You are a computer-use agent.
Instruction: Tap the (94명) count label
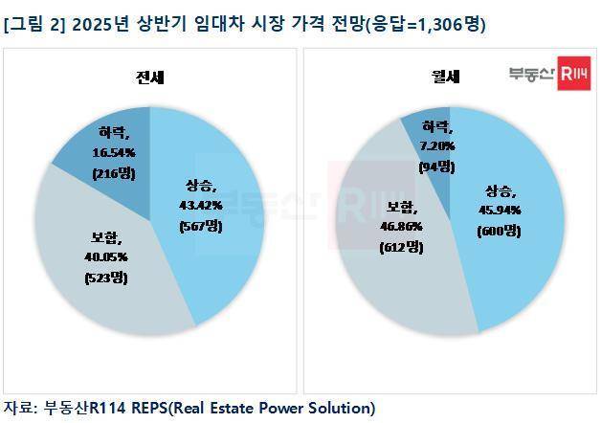point(434,167)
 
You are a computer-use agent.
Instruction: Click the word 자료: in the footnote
point(21,408)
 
